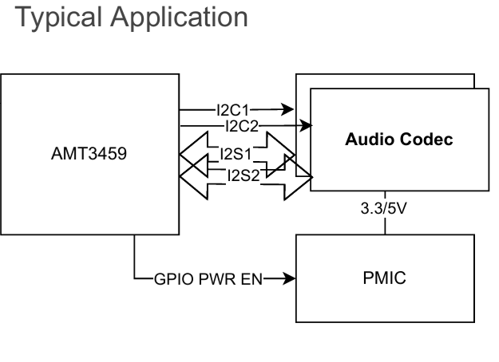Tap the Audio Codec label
(399, 140)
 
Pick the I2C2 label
(241, 126)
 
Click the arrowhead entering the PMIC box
(290, 279)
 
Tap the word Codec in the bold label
(432, 140)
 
